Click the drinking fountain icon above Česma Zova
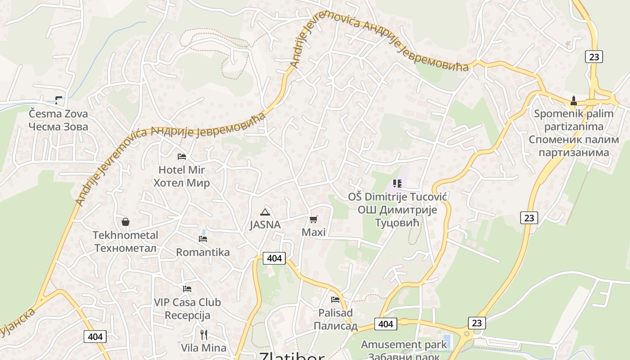pyautogui.click(x=58, y=99)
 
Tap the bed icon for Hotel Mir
pyautogui.click(x=182, y=156)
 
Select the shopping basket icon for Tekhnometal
pyautogui.click(x=126, y=222)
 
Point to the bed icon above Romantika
pyautogui.click(x=203, y=238)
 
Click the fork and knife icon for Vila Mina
pyautogui.click(x=204, y=334)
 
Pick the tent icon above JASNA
pyautogui.click(x=265, y=212)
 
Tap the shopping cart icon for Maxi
pyautogui.click(x=314, y=219)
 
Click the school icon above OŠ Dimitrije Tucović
pyautogui.click(x=397, y=183)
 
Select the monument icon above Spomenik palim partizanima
pyautogui.click(x=574, y=100)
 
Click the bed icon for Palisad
pyautogui.click(x=335, y=299)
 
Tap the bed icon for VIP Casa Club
pyautogui.click(x=187, y=288)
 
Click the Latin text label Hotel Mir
pyautogui.click(x=181, y=170)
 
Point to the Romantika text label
pyautogui.click(x=202, y=252)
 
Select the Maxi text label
pyautogui.click(x=314, y=232)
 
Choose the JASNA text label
pyautogui.click(x=265, y=225)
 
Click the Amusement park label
pyautogui.click(x=404, y=345)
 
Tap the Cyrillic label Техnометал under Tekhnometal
pyautogui.click(x=126, y=248)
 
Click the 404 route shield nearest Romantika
pyautogui.click(x=274, y=258)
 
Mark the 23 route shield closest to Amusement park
pyautogui.click(x=477, y=323)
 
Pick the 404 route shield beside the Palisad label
pyautogui.click(x=386, y=324)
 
